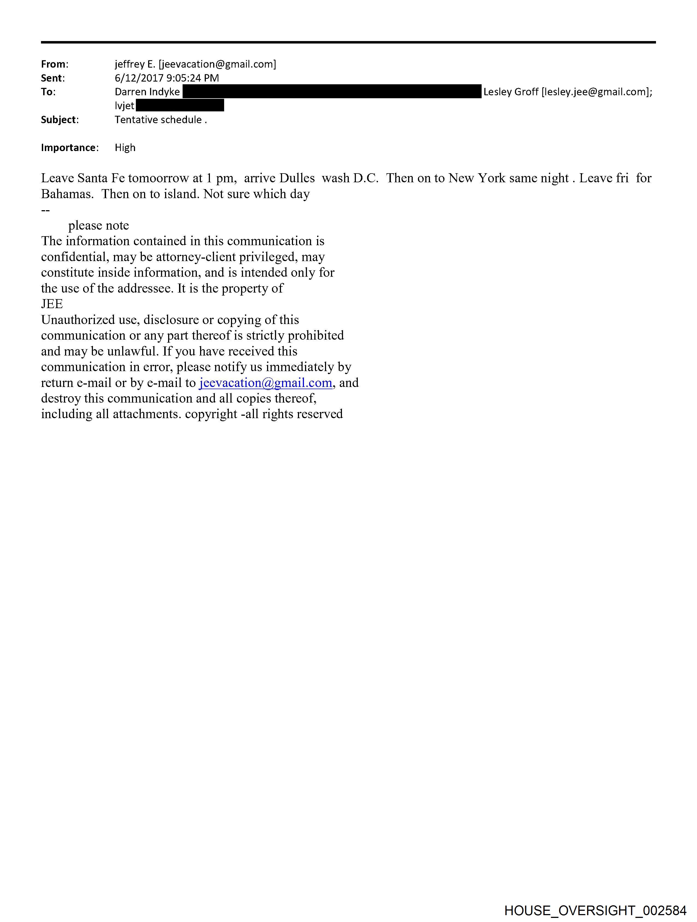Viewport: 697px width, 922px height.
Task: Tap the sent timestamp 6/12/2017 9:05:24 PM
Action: click(166, 78)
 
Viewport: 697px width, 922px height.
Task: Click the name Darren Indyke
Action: click(147, 92)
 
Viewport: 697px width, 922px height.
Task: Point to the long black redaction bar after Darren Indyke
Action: click(332, 91)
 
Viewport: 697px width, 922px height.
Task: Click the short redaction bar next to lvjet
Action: click(180, 105)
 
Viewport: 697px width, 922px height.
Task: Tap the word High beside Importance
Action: click(125, 148)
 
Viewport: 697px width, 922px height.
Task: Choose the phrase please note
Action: click(99, 226)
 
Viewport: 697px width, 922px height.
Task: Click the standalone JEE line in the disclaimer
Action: click(52, 304)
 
